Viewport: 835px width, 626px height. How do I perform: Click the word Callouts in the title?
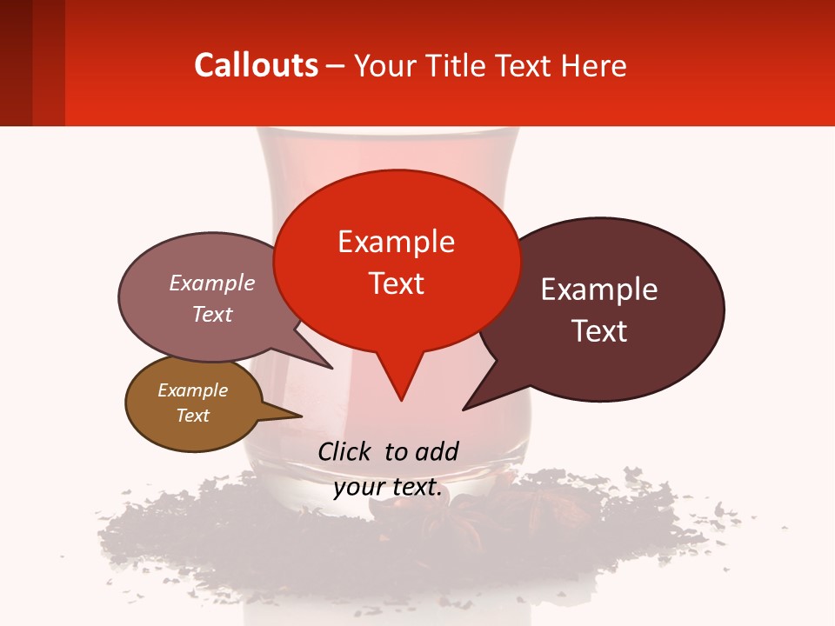pyautogui.click(x=256, y=65)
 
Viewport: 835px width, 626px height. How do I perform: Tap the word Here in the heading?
pyautogui.click(x=593, y=66)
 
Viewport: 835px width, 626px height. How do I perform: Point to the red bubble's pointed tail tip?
pyautogui.click(x=401, y=400)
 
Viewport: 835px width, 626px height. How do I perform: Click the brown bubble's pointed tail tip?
pyautogui.click(x=301, y=416)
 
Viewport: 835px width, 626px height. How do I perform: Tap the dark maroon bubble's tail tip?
pyautogui.click(x=464, y=409)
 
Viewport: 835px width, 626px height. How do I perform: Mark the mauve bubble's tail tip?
pyautogui.click(x=332, y=368)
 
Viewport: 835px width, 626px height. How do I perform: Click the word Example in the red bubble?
pyautogui.click(x=396, y=242)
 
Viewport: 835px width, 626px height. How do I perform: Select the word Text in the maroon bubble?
pyautogui.click(x=599, y=331)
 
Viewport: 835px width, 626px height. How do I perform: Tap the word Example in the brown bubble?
pyautogui.click(x=192, y=390)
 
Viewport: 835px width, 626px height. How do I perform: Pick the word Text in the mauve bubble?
pyautogui.click(x=212, y=315)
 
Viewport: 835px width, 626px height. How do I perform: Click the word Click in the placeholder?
pyautogui.click(x=346, y=451)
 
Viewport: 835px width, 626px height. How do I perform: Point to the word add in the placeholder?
pyautogui.click(x=437, y=451)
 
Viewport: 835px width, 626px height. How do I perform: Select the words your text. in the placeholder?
pyautogui.click(x=388, y=488)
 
